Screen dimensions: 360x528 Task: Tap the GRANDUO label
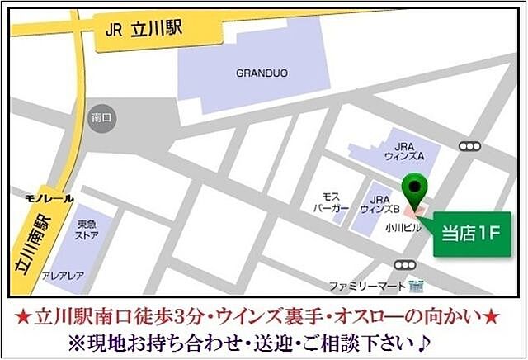[262, 73]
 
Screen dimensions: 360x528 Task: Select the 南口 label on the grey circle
[102, 118]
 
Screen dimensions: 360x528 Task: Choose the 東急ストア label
[87, 228]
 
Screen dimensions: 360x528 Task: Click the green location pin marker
[417, 188]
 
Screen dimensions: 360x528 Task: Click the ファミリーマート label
[367, 287]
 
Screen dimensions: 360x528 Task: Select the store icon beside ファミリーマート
[416, 287]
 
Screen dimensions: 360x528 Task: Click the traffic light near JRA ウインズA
[469, 147]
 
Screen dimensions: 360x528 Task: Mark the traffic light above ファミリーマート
[404, 264]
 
